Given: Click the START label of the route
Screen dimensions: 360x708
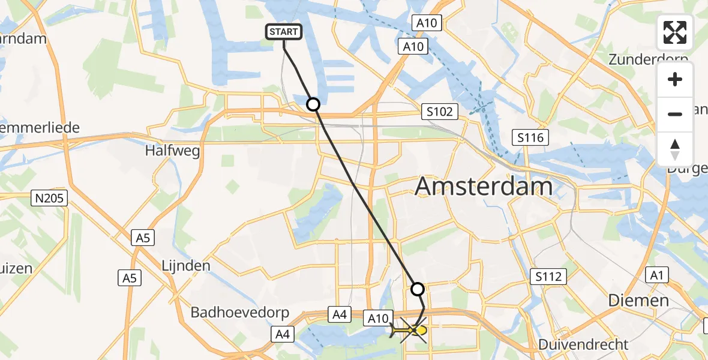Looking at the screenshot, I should (283, 32).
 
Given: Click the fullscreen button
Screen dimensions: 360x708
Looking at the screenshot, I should (675, 32).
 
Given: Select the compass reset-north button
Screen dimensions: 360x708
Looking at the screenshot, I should (675, 149).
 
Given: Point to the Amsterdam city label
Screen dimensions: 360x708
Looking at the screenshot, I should (484, 187).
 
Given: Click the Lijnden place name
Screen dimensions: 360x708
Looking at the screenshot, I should (186, 265).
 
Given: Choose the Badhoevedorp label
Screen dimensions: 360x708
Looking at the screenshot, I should (240, 313).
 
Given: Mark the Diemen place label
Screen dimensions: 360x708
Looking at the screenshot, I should (638, 300).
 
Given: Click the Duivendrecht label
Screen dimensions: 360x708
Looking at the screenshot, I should (583, 344).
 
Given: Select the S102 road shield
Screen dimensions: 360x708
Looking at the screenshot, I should (439, 111).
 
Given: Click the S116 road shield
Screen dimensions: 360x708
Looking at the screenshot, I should (530, 138).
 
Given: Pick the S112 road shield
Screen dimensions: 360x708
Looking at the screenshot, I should (548, 277).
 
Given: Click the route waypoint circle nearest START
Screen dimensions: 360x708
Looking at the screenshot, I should (313, 104).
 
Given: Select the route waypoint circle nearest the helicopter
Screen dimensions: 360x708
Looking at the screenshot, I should (418, 289).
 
